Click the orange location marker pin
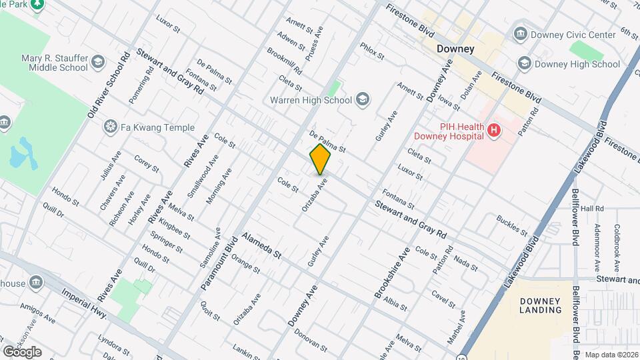tap(321, 159)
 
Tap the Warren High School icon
tap(362, 100)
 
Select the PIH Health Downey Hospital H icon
tap(493, 131)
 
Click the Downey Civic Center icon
tap(520, 34)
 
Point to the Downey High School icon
tap(525, 64)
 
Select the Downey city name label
tap(455, 49)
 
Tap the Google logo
tap(22, 351)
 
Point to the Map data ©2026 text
tap(611, 355)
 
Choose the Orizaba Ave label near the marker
tap(315, 195)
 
